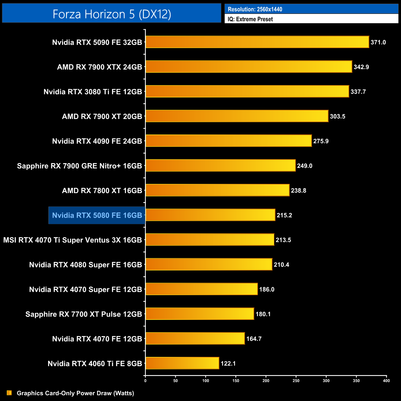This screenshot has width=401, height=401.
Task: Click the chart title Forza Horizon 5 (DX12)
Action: (112, 14)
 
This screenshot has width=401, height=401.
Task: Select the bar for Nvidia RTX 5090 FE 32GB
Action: (257, 42)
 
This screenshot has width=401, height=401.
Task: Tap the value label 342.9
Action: (361, 67)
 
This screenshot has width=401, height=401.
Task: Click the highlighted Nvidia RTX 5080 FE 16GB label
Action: (97, 215)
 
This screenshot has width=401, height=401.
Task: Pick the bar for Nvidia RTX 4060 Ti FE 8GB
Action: (182, 363)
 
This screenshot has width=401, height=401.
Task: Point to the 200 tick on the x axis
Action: (266, 380)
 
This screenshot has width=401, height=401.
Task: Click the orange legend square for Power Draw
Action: (9, 393)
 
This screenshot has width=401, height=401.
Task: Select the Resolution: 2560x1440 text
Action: (255, 9)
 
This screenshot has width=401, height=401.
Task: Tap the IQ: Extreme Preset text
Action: (250, 19)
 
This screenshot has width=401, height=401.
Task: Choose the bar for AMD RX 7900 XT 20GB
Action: (237, 116)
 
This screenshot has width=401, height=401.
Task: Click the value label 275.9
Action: (321, 141)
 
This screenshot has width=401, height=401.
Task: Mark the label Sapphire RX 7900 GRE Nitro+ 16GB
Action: (79, 166)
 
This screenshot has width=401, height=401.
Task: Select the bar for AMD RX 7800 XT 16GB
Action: (217, 190)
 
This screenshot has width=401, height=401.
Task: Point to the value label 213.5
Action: (283, 240)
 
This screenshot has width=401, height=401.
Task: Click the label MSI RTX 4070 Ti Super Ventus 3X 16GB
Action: (72, 240)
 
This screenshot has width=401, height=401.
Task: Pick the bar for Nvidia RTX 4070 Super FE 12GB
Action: (201, 289)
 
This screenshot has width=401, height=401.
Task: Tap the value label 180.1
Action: (263, 314)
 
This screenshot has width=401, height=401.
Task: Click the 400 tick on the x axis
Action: (386, 380)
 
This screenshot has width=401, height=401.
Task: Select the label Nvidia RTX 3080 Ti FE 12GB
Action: (93, 92)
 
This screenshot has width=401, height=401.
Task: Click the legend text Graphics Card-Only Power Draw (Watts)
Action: (75, 393)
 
